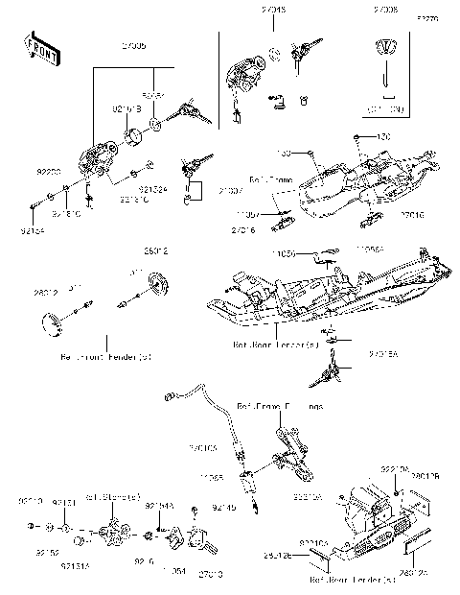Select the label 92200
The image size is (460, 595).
(x=49, y=171)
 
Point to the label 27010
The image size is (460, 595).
(x=211, y=573)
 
